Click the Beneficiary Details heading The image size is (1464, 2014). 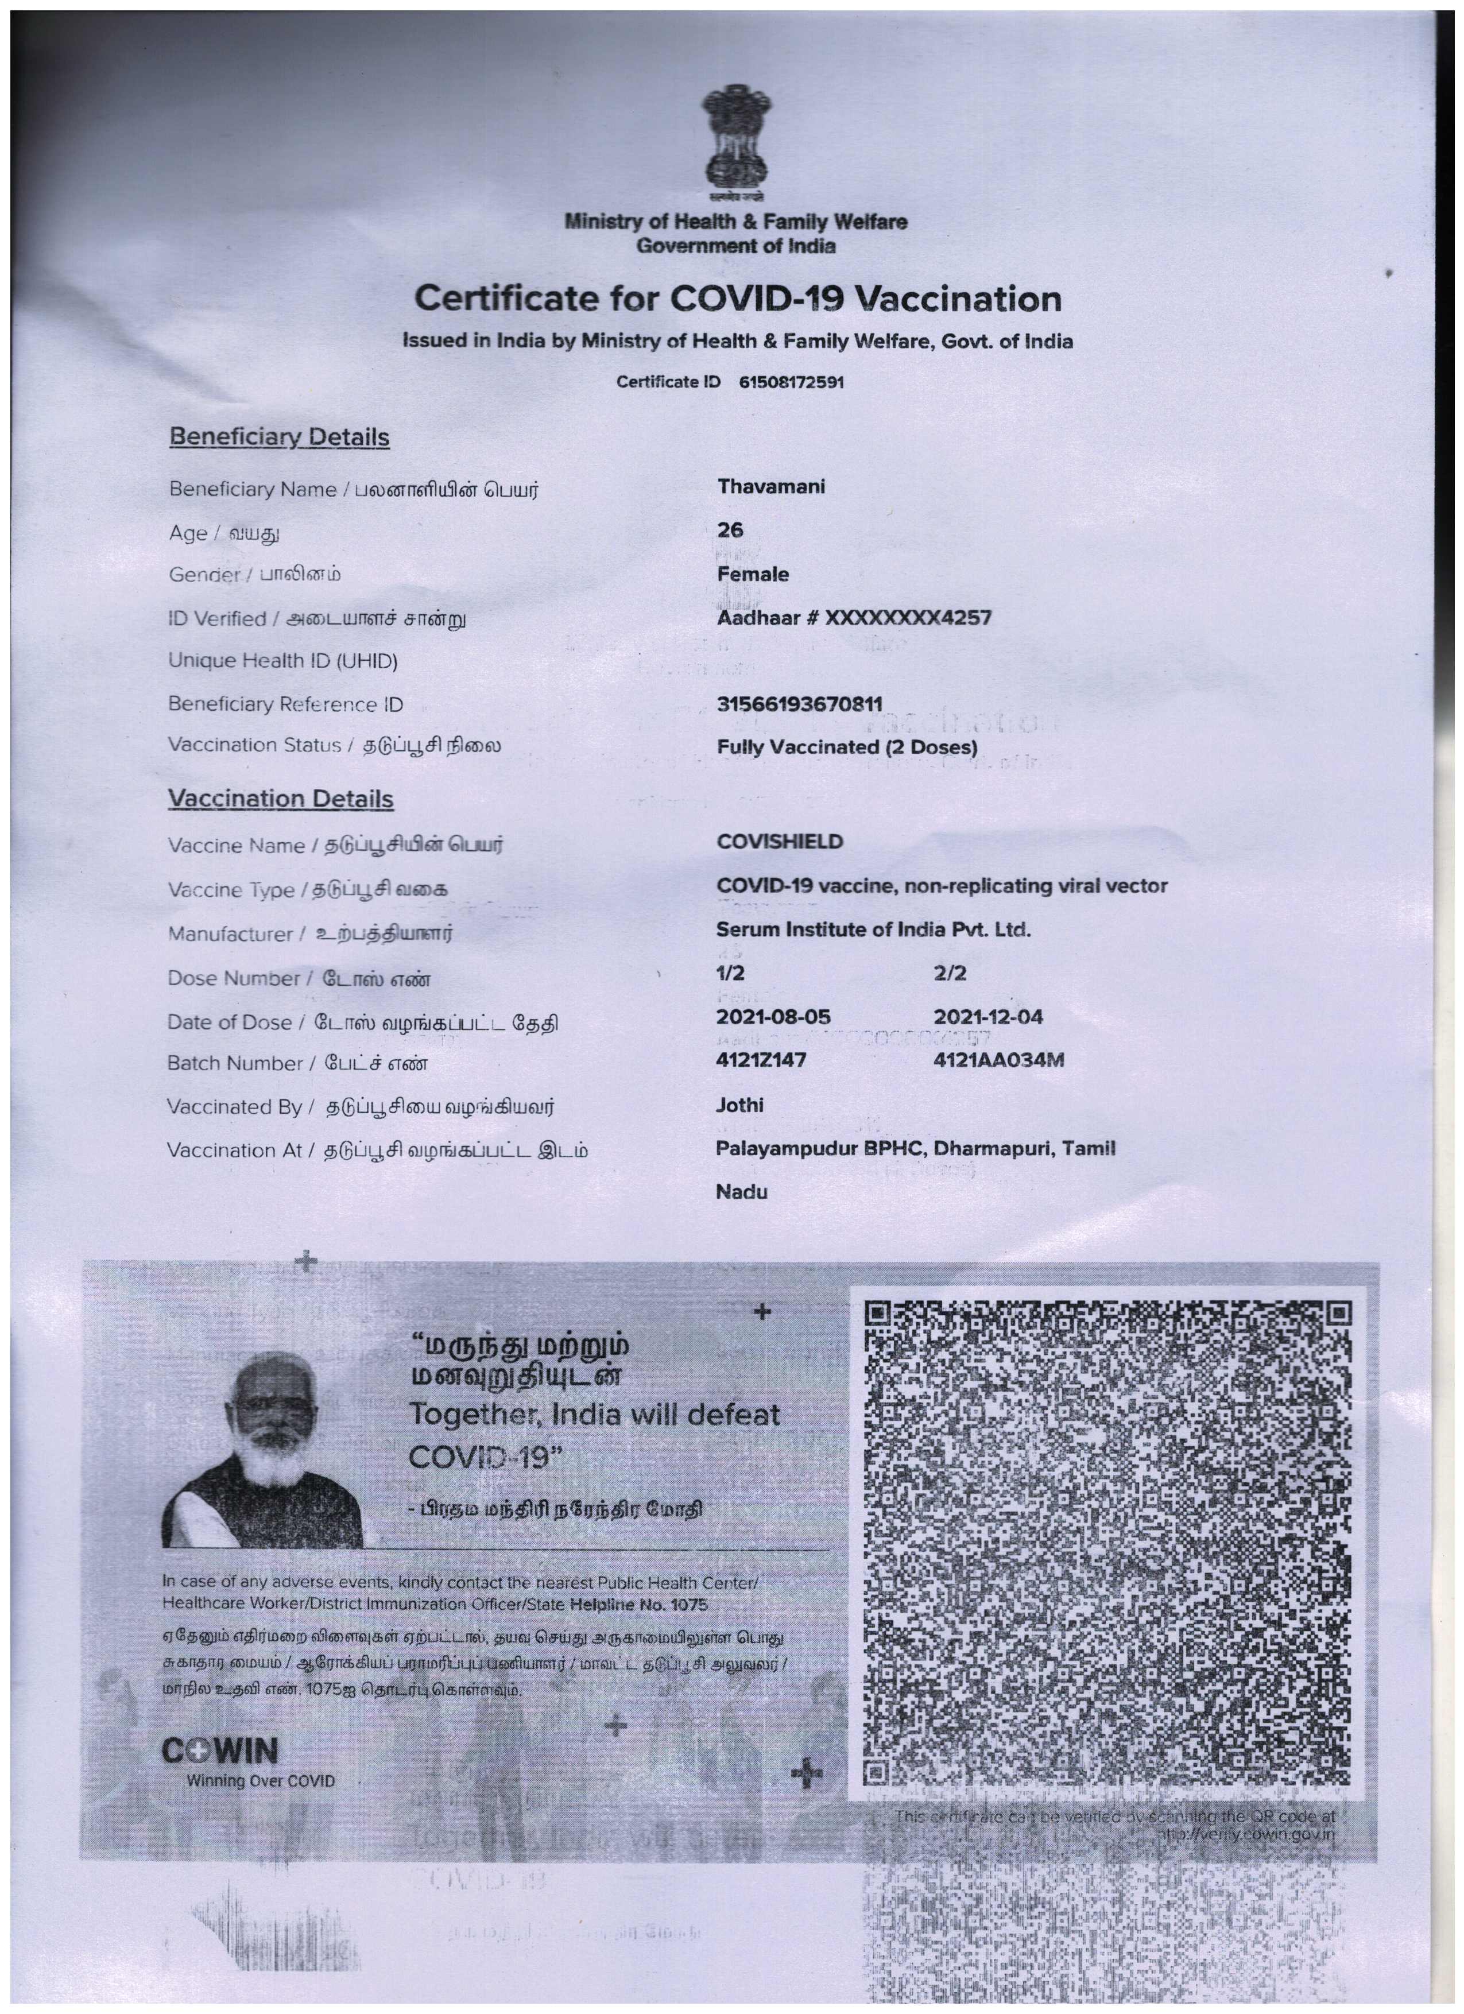pos(279,438)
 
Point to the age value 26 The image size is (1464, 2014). pos(730,530)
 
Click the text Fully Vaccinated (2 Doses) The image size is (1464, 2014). pos(846,747)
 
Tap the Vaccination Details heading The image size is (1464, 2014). pos(281,799)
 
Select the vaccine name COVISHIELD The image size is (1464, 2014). pos(780,842)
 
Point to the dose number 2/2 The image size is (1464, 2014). pos(950,973)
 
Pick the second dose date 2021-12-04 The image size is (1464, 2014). pos(988,1017)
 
